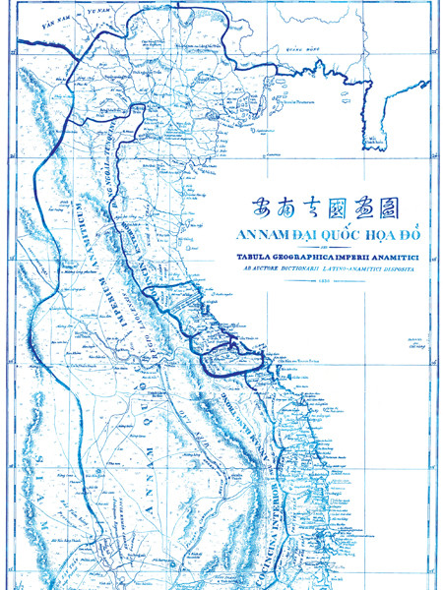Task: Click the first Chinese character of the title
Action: point(235,207)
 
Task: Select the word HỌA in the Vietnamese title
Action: point(360,235)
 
